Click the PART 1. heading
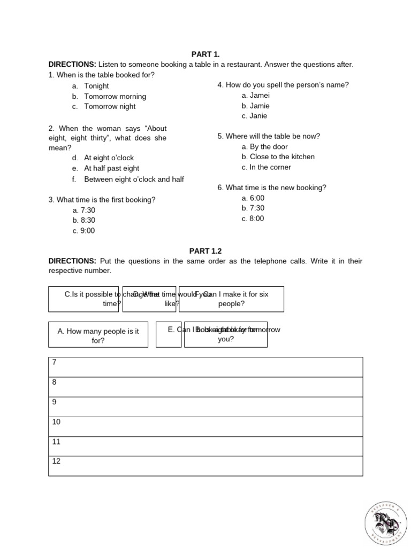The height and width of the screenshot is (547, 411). point(205,54)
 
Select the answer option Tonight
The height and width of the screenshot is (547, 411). point(96,86)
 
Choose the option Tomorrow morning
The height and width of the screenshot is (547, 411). point(115,97)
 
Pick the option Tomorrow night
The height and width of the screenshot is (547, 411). point(110,106)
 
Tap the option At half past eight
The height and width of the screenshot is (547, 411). point(111,168)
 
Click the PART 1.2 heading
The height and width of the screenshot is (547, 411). point(205,251)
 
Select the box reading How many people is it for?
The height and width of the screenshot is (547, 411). point(98,335)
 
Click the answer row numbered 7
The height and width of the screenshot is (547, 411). point(205,367)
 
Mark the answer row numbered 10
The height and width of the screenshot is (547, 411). point(205,426)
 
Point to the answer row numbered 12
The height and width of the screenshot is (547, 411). point(205,466)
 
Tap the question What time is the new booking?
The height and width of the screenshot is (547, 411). point(272,188)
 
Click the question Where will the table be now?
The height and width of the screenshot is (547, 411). point(269,137)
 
